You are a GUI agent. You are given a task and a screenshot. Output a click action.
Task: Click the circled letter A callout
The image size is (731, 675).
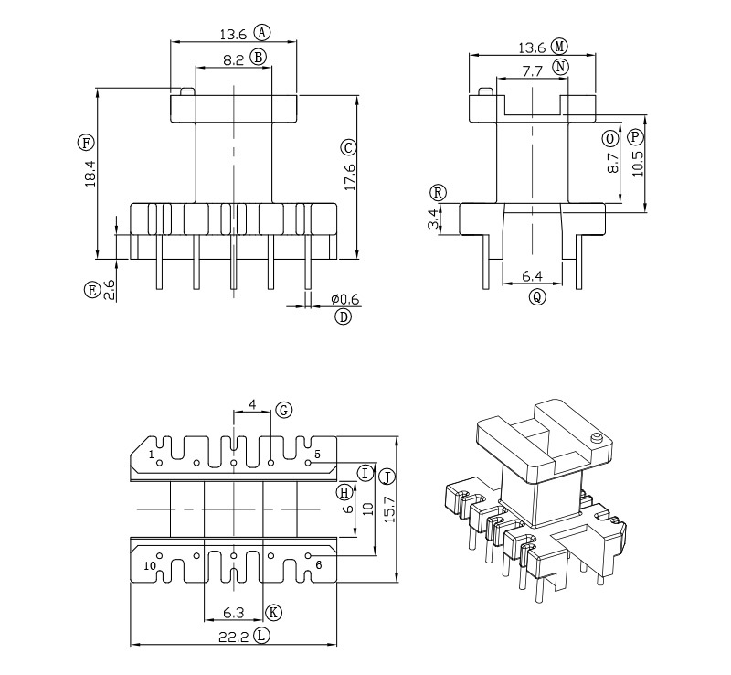262,32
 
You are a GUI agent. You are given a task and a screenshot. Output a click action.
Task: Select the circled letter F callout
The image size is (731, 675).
86,143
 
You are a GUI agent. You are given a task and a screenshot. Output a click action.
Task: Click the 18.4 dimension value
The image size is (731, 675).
90,174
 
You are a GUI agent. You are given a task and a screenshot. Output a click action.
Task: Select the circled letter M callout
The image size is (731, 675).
559,47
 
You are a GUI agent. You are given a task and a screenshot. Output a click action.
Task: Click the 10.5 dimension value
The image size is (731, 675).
637,168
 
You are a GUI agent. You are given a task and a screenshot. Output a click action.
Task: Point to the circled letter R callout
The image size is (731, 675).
439,193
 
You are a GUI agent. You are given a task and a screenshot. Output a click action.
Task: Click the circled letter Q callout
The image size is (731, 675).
537,296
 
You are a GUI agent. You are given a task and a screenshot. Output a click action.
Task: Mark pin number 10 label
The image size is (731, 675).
149,565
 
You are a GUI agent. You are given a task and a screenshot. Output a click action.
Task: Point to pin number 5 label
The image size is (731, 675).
317,454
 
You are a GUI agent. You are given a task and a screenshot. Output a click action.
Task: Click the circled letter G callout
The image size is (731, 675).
283,411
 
